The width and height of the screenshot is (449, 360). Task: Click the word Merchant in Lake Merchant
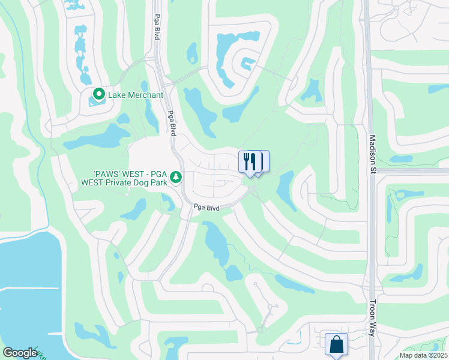(144, 95)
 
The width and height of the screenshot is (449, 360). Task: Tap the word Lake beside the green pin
(116, 95)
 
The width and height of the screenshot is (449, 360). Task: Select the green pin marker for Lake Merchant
(98, 94)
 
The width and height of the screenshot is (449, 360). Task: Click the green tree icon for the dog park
(175, 176)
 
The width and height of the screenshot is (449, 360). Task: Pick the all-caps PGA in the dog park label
(157, 172)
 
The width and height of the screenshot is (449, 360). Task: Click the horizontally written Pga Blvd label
(206, 208)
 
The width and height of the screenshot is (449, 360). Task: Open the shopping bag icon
(336, 345)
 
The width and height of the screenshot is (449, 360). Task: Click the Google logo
(20, 353)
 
